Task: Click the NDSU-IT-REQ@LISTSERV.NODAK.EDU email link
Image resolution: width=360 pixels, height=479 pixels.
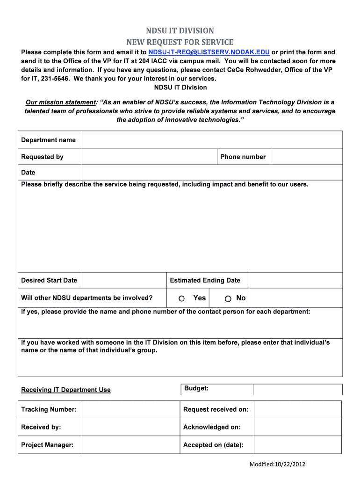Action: point(209,52)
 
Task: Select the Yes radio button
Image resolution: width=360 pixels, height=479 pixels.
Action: point(182,298)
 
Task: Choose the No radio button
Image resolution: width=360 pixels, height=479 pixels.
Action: point(228,298)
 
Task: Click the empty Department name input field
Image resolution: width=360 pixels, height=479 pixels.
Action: point(212,140)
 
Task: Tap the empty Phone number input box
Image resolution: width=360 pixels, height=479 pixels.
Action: point(306,157)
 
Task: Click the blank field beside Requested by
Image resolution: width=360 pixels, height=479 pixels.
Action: point(149,157)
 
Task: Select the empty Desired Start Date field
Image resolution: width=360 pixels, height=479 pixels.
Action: point(124,281)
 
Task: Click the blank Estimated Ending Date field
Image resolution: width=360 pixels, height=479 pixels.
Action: point(295,281)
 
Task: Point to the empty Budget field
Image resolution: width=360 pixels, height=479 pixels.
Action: point(297,389)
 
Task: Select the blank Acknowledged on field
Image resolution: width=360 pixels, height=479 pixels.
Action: point(297,427)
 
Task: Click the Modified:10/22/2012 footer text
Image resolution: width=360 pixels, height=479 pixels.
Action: point(277,464)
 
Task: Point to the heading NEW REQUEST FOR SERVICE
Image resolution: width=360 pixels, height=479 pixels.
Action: point(180,42)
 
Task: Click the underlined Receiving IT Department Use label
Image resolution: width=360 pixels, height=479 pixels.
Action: point(66,390)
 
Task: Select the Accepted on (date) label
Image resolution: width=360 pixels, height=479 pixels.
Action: point(213,445)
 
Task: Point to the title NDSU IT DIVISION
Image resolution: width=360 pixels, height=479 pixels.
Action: point(180,31)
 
